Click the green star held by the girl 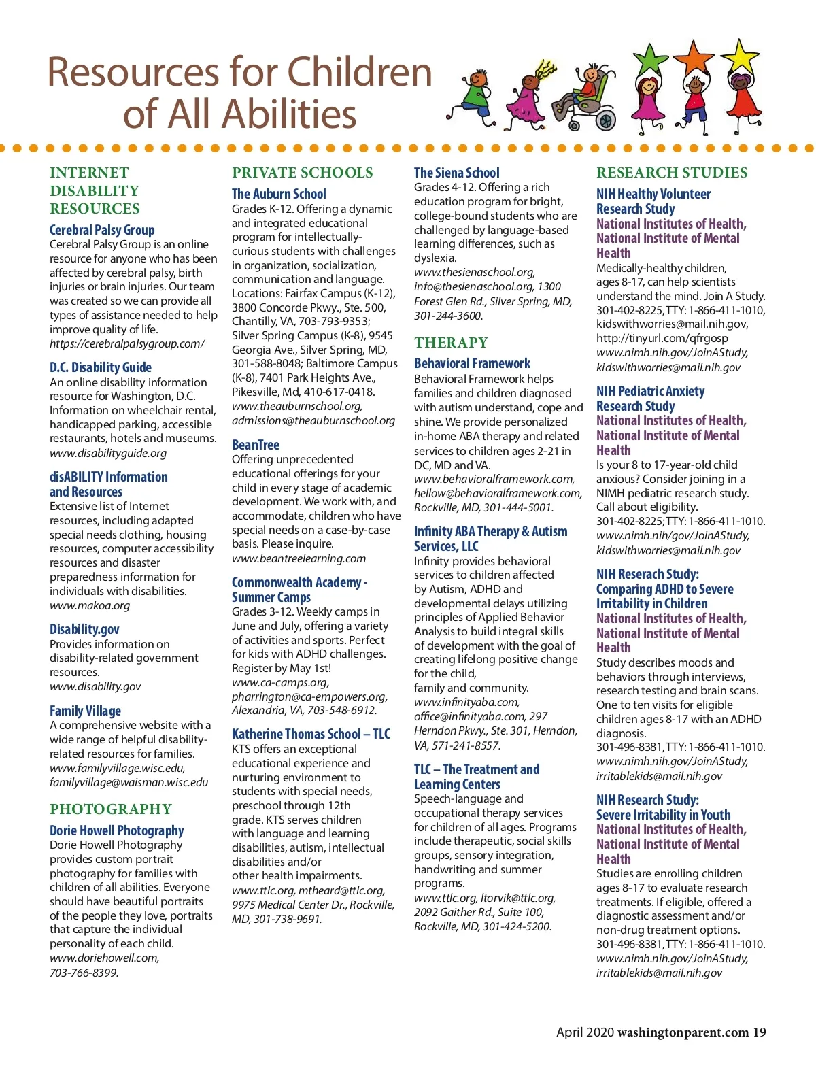pos(651,59)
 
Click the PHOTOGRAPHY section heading pos(110,809)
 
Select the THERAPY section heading pos(451,342)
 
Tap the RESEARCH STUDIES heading pos(671,173)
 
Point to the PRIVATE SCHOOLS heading pos(302,173)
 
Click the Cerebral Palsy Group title pos(102,230)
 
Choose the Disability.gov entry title pos(84,629)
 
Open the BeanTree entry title pos(255,445)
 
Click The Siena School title pos(456,173)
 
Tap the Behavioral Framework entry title pos(472,363)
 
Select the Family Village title pos(85,711)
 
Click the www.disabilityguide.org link pos(107,453)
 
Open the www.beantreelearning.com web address pos(299,558)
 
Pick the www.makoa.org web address pos(89,605)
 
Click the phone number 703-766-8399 pos(84,973)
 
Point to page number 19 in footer pos(759,1032)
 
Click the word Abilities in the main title pos(288,114)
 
